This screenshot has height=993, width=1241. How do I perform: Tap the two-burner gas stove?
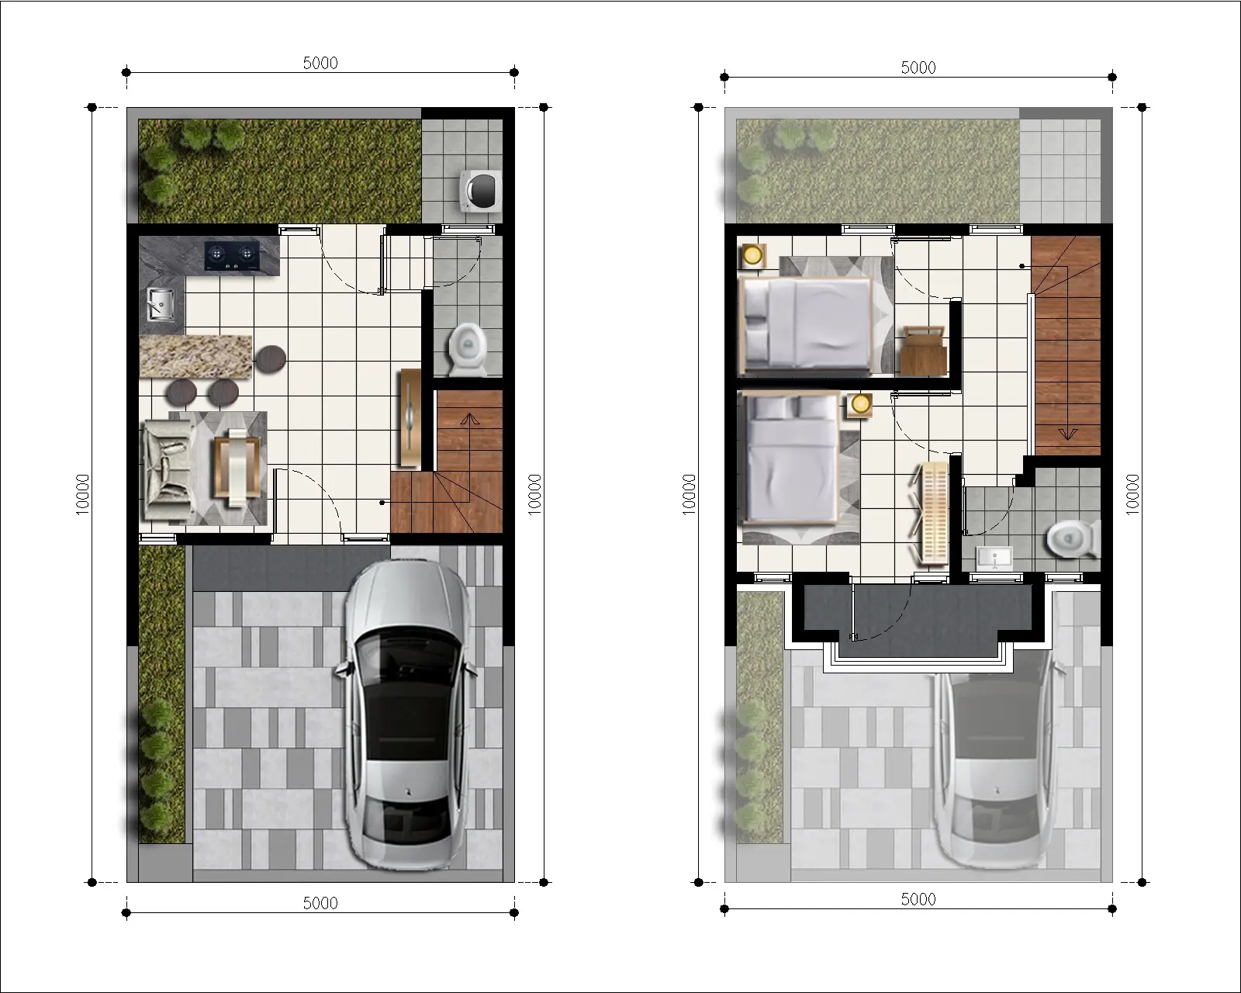tap(230, 255)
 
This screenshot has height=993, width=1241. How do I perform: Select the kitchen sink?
tap(161, 304)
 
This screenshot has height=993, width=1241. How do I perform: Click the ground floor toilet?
tap(468, 349)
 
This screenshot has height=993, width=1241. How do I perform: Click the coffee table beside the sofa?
tap(237, 467)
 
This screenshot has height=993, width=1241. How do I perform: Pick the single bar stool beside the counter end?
tap(271, 358)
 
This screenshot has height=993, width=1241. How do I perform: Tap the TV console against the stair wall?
tap(410, 417)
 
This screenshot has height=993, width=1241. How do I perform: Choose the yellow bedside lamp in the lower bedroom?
tap(860, 404)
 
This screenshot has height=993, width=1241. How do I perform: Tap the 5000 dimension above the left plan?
tap(320, 63)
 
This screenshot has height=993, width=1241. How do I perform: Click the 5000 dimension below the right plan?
tap(918, 899)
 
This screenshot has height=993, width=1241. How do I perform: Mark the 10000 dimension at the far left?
tap(82, 494)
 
